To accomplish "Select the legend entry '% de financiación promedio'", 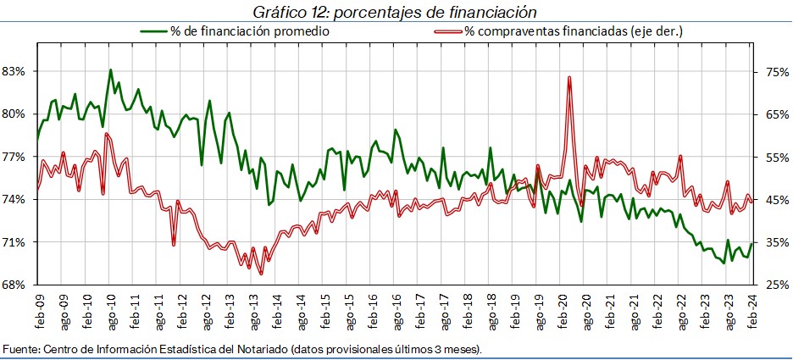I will click(249, 31).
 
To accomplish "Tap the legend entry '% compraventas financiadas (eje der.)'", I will click(574, 31).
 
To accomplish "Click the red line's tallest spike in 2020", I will click(569, 78).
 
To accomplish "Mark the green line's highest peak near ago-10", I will click(111, 69).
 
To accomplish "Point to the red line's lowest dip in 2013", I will click(261, 274).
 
